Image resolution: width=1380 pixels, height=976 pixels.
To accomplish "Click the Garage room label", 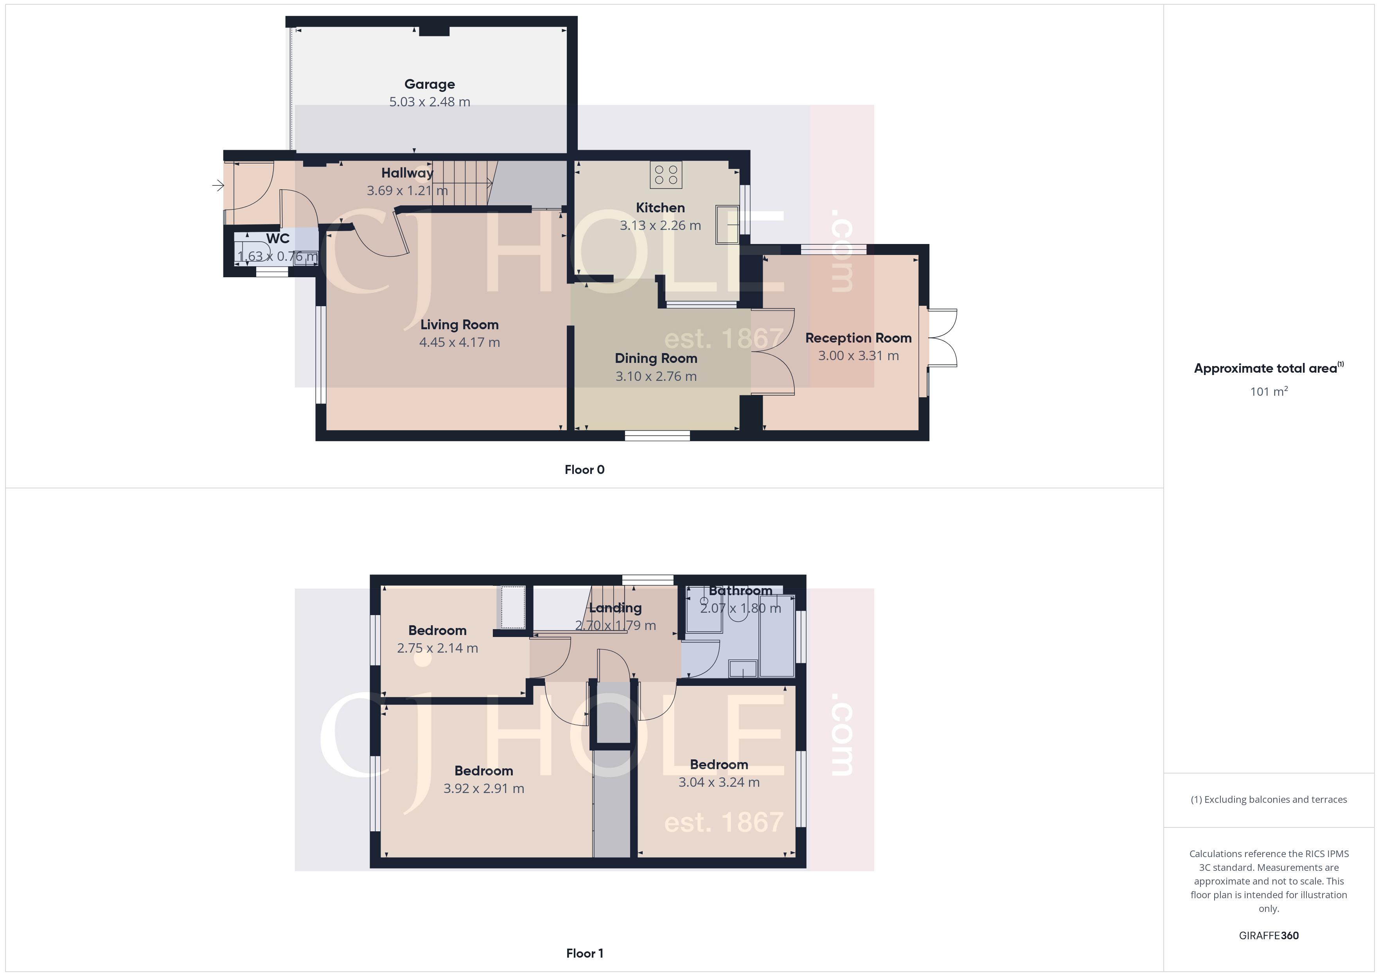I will (429, 84).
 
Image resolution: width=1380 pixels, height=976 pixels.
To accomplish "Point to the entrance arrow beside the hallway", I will (217, 186).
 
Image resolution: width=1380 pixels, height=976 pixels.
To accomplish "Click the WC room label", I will (278, 239).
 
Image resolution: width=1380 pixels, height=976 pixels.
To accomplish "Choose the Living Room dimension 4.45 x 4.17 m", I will (459, 343).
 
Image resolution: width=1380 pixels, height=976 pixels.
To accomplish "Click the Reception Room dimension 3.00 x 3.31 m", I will (858, 356).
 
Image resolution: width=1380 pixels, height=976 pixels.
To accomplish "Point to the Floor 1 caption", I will (584, 953).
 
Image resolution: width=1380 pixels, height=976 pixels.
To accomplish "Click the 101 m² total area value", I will (1268, 392).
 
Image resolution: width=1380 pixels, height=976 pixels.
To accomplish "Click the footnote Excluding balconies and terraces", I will (1268, 799).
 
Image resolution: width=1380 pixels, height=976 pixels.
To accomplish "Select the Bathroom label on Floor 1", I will (740, 591).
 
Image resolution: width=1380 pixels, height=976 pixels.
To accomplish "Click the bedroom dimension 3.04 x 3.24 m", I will (719, 782).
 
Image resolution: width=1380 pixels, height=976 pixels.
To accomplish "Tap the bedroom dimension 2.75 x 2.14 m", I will (437, 648).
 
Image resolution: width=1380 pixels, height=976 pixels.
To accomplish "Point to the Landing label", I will (615, 608).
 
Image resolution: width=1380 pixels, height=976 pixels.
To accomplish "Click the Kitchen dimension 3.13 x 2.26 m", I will (660, 225).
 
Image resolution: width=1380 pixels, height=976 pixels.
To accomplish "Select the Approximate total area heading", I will (1265, 368).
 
